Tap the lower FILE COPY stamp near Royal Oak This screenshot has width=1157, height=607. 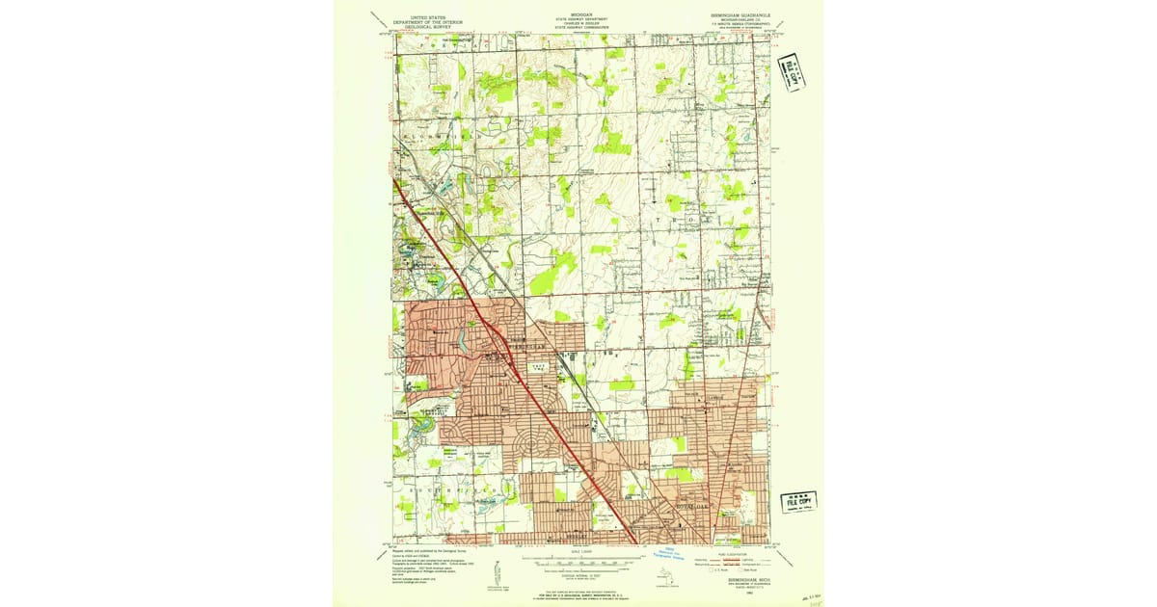tap(799, 502)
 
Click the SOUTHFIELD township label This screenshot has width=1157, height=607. tap(453, 491)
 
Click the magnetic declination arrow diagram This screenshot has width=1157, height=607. tap(496, 571)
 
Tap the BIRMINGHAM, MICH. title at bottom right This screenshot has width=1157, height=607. tap(740, 580)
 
